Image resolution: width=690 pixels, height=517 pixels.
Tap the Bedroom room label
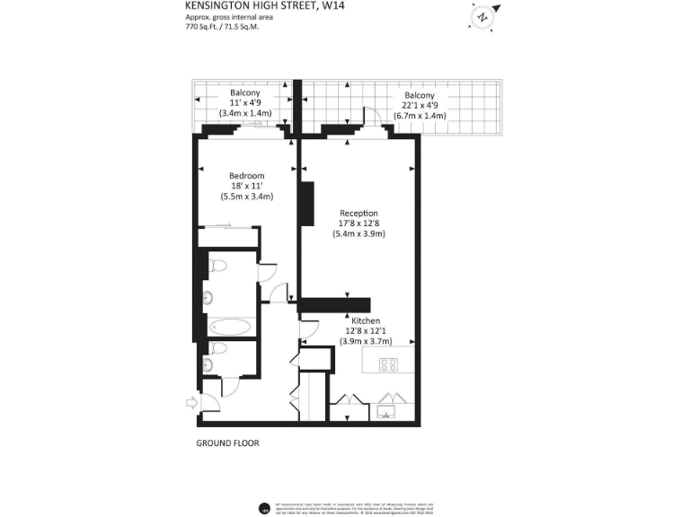pyautogui.click(x=246, y=175)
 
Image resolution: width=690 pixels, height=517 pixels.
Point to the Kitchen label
pyautogui.click(x=366, y=320)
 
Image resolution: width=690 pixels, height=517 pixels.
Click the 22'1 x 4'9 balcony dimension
pyautogui.click(x=420, y=106)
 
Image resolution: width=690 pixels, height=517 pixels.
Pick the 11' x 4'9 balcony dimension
pyautogui.click(x=245, y=103)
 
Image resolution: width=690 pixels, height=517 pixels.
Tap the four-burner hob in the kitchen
pyautogui.click(x=389, y=364)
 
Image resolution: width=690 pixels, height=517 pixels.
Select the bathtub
pyautogui.click(x=232, y=326)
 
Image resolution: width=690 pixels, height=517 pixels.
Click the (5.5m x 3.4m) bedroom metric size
pyautogui.click(x=246, y=196)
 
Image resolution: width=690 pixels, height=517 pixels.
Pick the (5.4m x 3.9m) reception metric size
pyautogui.click(x=358, y=234)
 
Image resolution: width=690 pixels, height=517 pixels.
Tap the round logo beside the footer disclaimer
pyautogui.click(x=264, y=508)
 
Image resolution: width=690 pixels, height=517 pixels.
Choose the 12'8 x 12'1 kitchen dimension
pyautogui.click(x=366, y=331)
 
